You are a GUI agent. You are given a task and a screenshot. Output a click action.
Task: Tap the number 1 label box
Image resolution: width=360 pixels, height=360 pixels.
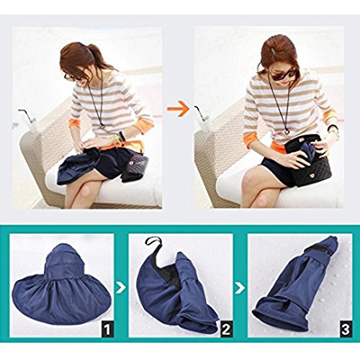(107, 329)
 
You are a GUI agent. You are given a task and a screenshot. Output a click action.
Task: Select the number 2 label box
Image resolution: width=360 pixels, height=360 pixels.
(226, 329)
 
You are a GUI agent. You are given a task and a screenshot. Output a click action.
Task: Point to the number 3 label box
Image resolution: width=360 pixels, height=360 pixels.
(345, 329)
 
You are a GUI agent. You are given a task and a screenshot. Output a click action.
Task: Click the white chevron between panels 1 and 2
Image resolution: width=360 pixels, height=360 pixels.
(121, 287)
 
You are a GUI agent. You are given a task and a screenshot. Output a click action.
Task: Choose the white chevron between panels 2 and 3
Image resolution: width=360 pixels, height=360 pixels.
(240, 287)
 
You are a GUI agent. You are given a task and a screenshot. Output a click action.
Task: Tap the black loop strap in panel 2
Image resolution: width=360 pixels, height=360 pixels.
(153, 244)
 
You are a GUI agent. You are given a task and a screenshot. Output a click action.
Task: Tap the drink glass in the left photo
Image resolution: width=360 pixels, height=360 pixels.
(31, 124)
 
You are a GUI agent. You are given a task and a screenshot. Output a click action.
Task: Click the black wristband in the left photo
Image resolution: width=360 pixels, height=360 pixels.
(122, 137)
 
